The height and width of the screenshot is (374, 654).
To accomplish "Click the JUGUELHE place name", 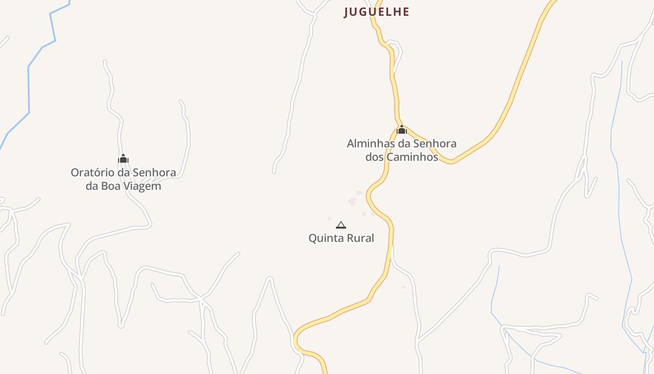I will [x=377, y=12].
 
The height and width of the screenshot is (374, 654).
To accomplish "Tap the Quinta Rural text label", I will [x=341, y=238].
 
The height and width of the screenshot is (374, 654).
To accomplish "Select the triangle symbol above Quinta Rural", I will [x=341, y=225].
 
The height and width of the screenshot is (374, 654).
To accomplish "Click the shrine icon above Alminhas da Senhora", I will [x=402, y=129].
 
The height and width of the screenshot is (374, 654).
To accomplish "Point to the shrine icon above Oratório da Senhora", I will [x=123, y=159].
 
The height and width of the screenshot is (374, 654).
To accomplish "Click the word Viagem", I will [x=143, y=186].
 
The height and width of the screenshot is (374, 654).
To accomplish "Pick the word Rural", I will [x=360, y=238].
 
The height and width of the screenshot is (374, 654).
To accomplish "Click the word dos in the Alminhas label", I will [x=374, y=157].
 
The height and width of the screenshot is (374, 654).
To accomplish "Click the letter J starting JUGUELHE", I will [x=347, y=12].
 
